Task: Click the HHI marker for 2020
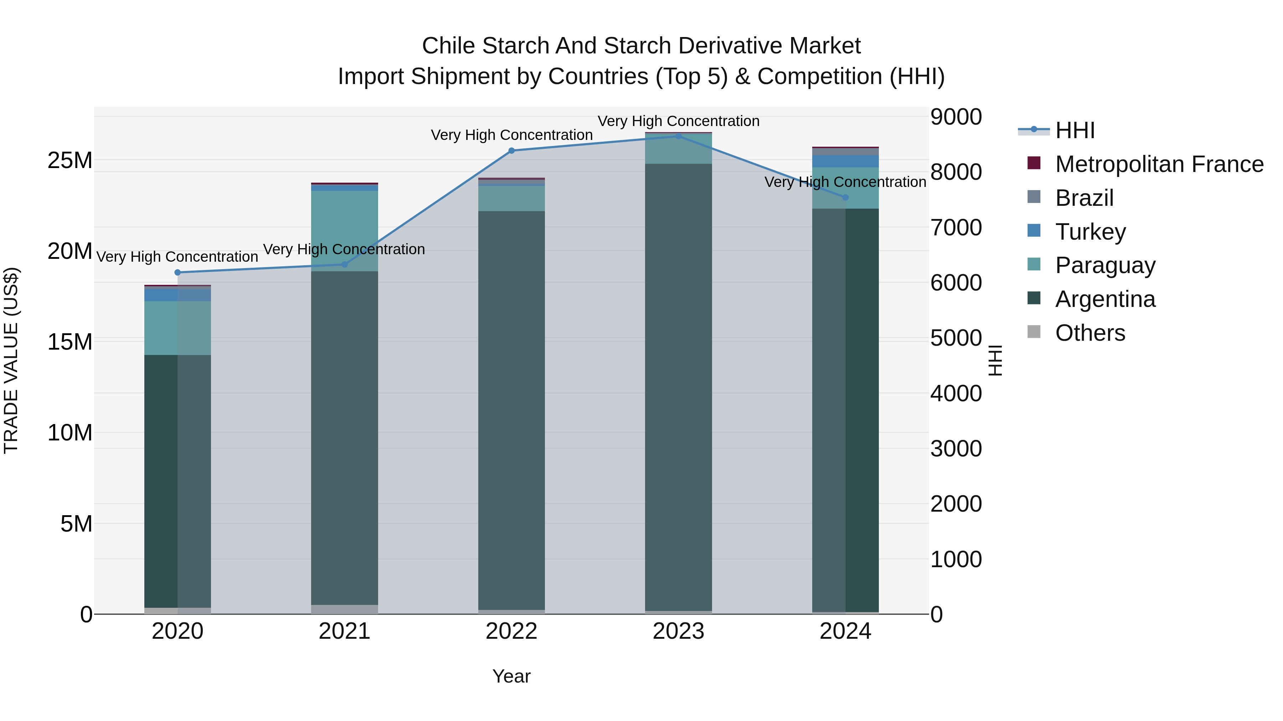[x=177, y=272]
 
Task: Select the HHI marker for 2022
[x=511, y=151]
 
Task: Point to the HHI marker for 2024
[x=845, y=198]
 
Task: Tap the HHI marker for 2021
[x=345, y=264]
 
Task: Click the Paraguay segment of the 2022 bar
[x=511, y=198]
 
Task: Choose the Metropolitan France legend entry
[x=1159, y=164]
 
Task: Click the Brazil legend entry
[x=1084, y=198]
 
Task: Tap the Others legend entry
[x=1090, y=333]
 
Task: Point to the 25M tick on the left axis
[x=70, y=161]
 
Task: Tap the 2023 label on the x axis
[x=678, y=631]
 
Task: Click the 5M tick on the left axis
[x=76, y=523]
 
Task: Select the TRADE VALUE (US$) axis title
[x=11, y=360]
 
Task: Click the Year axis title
[x=511, y=676]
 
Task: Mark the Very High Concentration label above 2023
[x=678, y=121]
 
